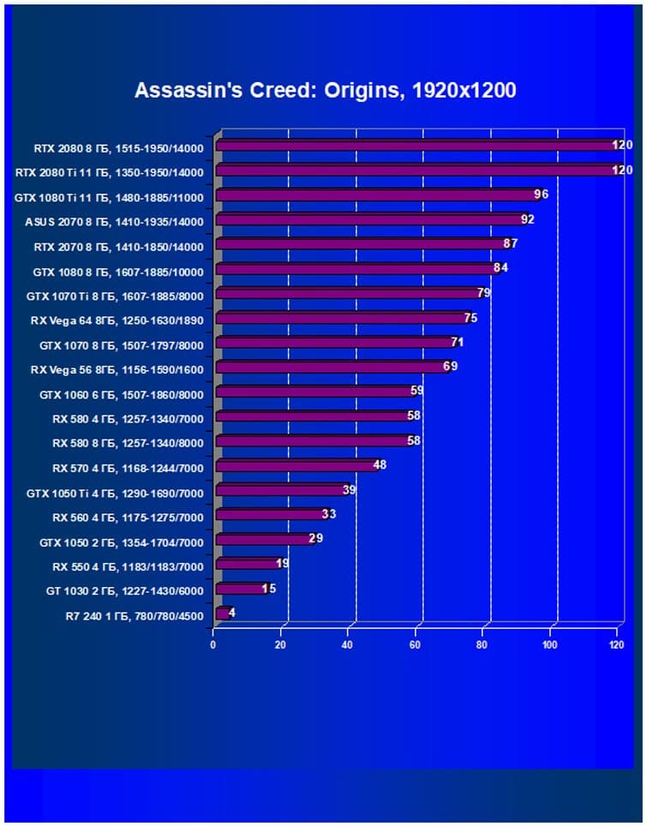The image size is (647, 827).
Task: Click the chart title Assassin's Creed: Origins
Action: click(325, 90)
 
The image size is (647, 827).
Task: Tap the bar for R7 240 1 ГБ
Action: click(221, 614)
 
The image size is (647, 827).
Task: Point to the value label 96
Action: click(540, 195)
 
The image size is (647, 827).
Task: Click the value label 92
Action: click(527, 219)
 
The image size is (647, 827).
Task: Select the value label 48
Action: click(380, 465)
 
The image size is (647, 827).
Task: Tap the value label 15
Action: click(268, 589)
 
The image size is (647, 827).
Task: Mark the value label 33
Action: click(329, 514)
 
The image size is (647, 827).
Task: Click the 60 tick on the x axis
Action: click(415, 645)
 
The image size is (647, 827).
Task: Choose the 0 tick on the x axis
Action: click(213, 645)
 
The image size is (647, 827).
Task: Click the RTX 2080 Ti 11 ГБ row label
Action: click(110, 172)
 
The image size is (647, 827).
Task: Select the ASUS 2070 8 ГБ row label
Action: click(115, 222)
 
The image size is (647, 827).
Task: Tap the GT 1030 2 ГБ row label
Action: click(125, 590)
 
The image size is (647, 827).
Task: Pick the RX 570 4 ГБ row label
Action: click(128, 468)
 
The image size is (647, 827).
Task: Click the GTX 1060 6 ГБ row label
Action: click(122, 394)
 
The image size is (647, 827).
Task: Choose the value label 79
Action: click(484, 293)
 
